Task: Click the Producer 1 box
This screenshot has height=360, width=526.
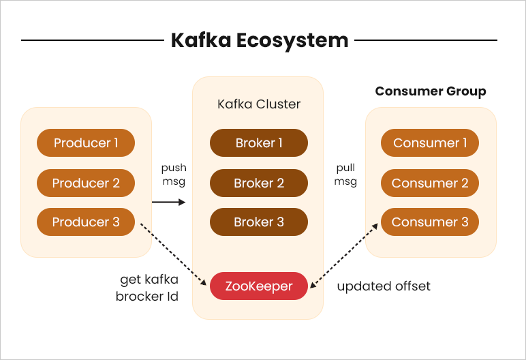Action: point(86,143)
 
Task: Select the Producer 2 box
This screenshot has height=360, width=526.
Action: point(86,183)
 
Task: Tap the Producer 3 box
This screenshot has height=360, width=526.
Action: point(86,222)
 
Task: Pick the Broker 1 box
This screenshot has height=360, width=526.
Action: point(259,143)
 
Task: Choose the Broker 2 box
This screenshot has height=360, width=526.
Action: point(259,183)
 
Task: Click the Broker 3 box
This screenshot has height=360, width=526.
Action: point(259,222)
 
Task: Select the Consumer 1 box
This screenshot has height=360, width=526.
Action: point(430,143)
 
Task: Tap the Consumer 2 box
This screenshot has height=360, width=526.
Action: point(430,183)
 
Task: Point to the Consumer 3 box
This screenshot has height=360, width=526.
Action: point(430,222)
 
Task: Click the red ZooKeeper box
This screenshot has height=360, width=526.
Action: point(259,286)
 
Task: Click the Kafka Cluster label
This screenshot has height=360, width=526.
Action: point(259,104)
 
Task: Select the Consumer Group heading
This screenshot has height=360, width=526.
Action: point(431,91)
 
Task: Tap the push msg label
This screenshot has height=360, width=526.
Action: point(174,175)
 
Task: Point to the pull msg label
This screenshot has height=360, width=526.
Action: point(347,175)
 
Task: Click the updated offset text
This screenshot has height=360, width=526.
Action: point(384,286)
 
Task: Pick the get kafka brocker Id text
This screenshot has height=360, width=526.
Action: point(147,288)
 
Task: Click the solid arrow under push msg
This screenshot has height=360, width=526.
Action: point(168,202)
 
